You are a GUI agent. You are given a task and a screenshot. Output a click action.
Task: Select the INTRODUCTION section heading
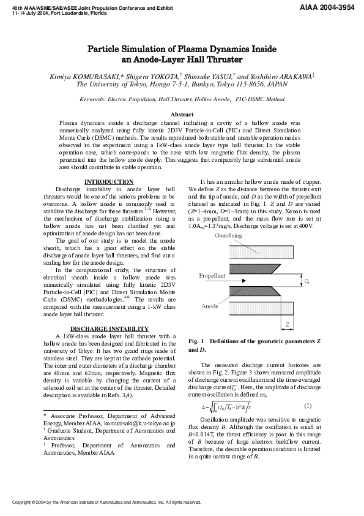click(x=108, y=182)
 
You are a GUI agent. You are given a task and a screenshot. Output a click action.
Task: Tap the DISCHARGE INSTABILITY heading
click(x=108, y=329)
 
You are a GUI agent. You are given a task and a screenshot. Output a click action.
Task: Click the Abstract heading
click(x=182, y=115)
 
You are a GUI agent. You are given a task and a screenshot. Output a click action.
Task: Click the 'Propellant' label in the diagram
click(x=212, y=276)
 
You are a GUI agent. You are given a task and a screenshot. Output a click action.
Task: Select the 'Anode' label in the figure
click(x=210, y=305)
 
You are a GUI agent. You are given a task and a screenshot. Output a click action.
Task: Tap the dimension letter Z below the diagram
click(x=287, y=325)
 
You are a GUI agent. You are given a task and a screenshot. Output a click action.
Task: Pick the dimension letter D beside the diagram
click(x=308, y=281)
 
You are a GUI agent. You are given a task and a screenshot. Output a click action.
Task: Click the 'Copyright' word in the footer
click(x=24, y=502)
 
